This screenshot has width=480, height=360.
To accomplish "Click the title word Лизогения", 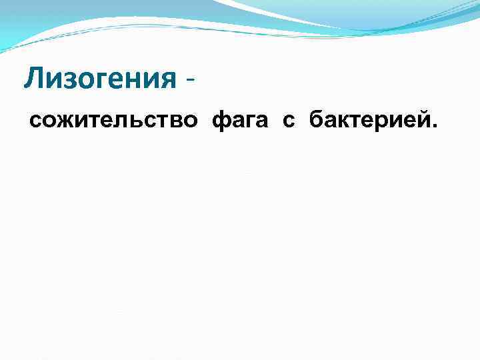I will click(99, 80).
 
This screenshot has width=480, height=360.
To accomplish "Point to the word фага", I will click(241, 122).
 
